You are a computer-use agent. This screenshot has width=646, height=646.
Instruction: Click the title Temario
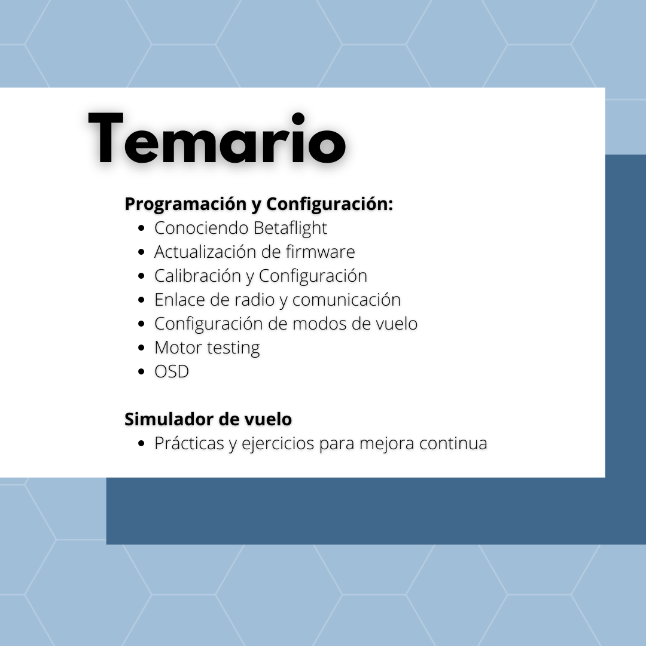click(x=217, y=138)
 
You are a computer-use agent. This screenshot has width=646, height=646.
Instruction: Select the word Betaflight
click(x=290, y=228)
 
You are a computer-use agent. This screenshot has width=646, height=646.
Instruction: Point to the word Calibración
click(x=197, y=276)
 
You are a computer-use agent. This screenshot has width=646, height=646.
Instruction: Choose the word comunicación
click(x=346, y=300)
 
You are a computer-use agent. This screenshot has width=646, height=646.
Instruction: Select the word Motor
click(x=178, y=348)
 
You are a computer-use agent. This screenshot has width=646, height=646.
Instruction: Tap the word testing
click(x=233, y=348)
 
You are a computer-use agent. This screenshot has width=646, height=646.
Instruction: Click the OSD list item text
click(x=172, y=371)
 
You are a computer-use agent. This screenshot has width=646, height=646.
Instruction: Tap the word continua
click(x=453, y=443)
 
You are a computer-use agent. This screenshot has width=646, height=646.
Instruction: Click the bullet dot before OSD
click(x=141, y=371)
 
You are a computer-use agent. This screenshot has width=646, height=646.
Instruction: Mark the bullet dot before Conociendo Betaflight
click(x=141, y=228)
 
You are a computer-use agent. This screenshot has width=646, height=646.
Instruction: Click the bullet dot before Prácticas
click(x=141, y=444)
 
